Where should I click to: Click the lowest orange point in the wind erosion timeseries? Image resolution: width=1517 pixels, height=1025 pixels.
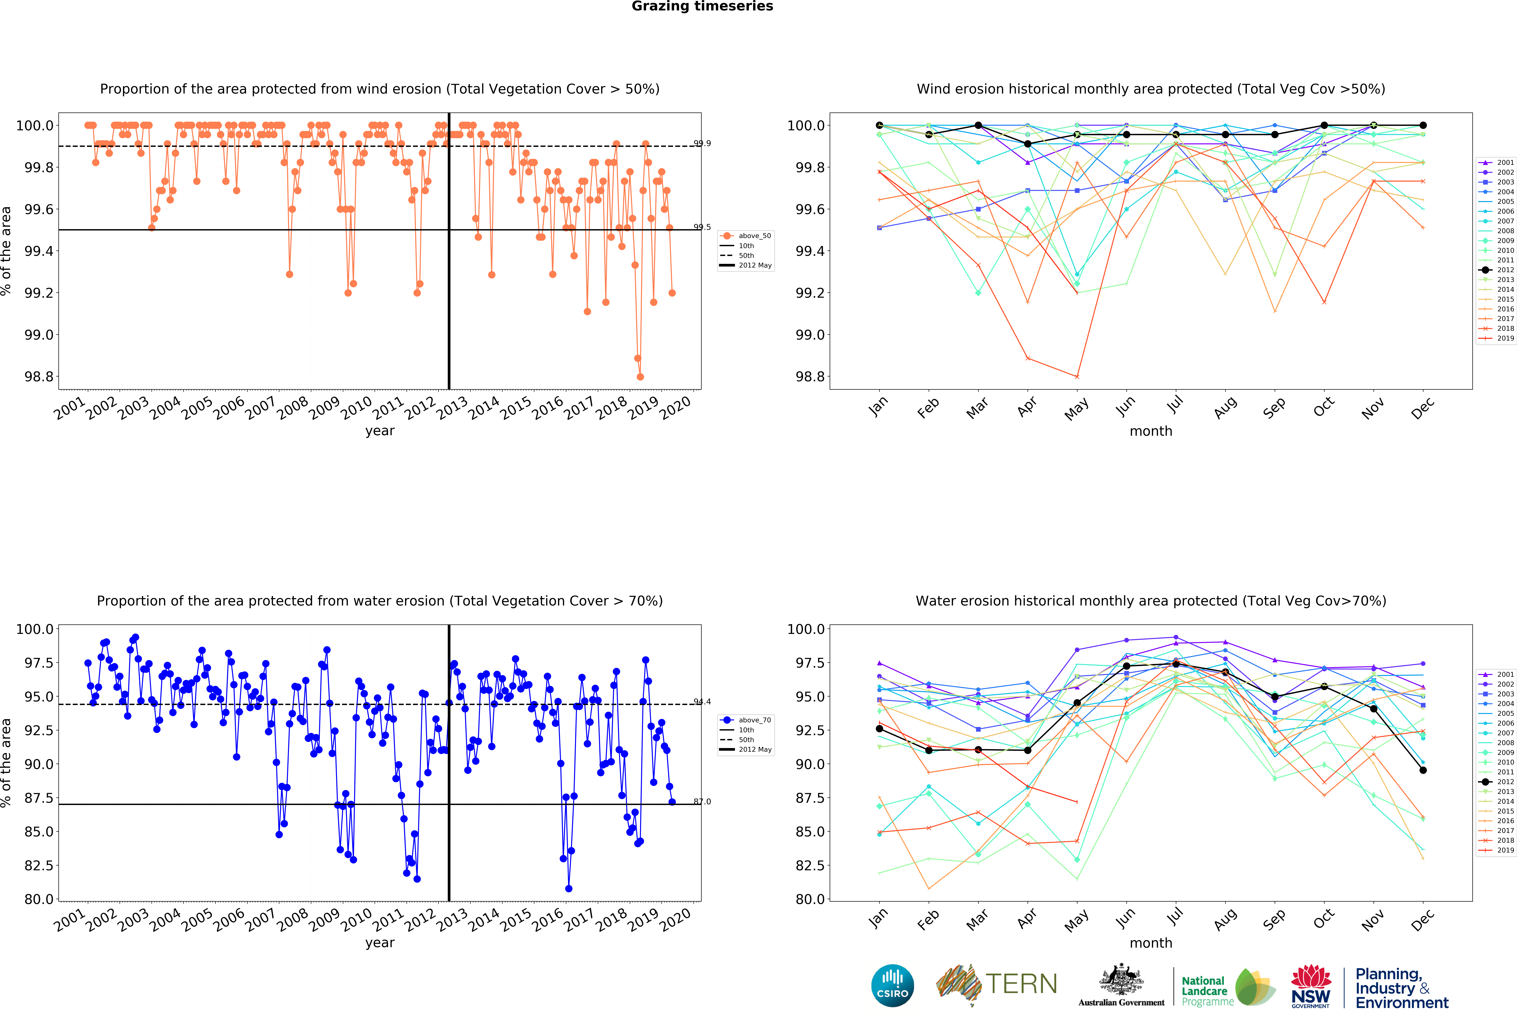(x=640, y=377)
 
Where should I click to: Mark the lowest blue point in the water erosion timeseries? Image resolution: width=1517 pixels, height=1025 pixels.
(x=569, y=889)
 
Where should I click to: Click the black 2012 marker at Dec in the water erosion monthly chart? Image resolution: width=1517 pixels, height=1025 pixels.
(x=1423, y=770)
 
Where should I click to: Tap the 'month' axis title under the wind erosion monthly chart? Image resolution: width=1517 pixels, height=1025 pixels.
(x=1151, y=432)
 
